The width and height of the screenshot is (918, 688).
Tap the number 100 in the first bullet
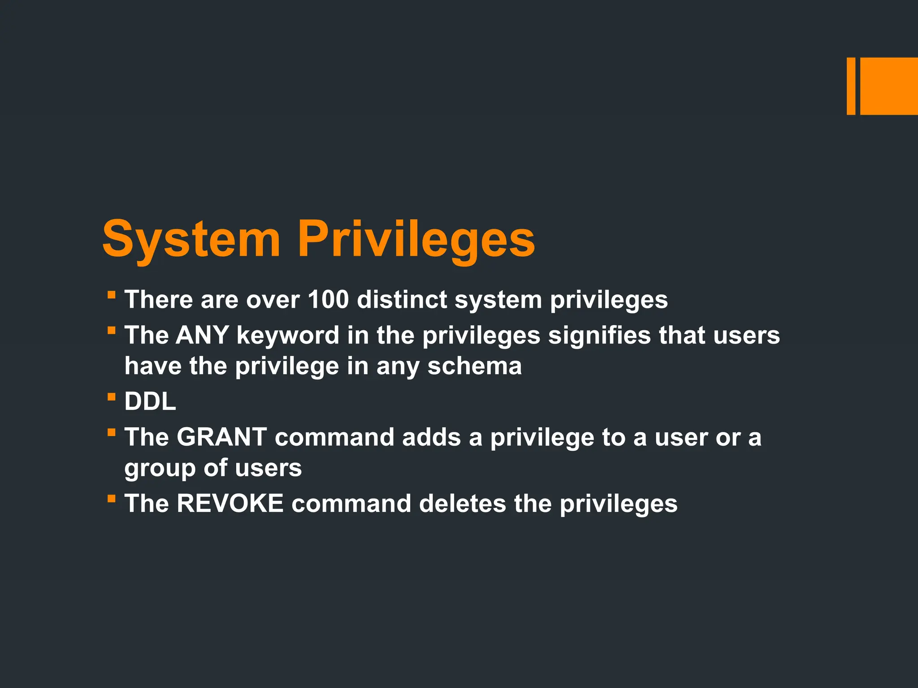tap(328, 299)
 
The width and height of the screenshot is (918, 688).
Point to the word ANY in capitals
tap(202, 335)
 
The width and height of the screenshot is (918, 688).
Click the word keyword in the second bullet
tap(288, 335)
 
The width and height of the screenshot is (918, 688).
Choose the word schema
tap(474, 366)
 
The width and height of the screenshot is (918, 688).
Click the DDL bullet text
tap(150, 401)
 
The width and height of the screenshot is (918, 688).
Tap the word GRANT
tap(221, 437)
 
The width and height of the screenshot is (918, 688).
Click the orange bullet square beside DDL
tap(112, 396)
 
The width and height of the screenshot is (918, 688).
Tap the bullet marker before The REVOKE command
tap(112, 498)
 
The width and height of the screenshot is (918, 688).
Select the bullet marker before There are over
tap(112, 295)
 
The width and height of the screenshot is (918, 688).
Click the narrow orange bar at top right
tap(851, 86)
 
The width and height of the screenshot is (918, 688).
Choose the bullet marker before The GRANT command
tap(112, 432)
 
